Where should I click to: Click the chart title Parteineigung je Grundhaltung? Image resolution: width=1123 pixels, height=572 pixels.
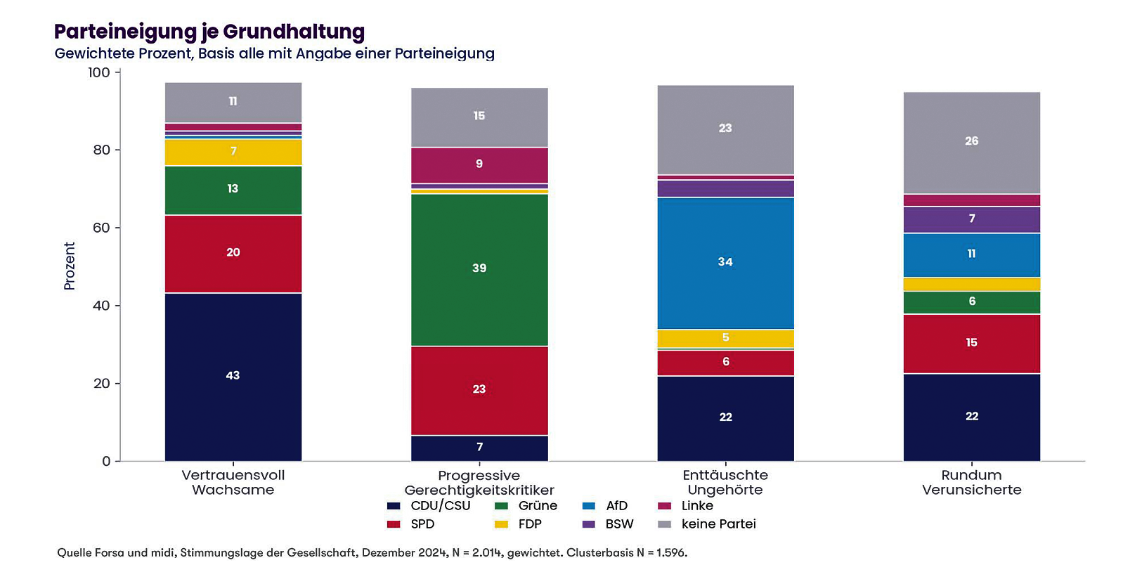coord(209,32)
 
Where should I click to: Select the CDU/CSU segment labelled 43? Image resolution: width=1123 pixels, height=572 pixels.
coord(233,377)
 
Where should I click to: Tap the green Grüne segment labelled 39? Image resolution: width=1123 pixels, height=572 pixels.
coord(479,270)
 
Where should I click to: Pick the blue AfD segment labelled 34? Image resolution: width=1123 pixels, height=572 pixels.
coord(725,264)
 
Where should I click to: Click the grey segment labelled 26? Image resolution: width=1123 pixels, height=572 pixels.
coord(972,143)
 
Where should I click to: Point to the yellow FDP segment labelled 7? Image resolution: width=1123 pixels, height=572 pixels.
coord(233,152)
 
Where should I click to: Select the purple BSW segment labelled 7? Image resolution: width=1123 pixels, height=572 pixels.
coord(972,219)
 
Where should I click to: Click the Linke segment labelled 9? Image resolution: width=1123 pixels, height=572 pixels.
coord(479,165)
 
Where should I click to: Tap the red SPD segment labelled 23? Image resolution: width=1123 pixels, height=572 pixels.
coord(479,391)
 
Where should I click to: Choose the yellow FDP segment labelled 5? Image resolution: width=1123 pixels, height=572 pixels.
coord(725,339)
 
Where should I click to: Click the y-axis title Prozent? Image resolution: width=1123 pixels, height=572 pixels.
coord(69,266)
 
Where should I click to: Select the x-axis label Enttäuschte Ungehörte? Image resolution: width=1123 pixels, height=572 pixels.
coord(725,482)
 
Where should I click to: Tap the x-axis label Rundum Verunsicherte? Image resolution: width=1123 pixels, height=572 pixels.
coord(972,482)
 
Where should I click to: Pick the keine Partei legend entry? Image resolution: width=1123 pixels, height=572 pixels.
coord(706,524)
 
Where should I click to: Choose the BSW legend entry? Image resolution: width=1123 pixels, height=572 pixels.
coord(608,524)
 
